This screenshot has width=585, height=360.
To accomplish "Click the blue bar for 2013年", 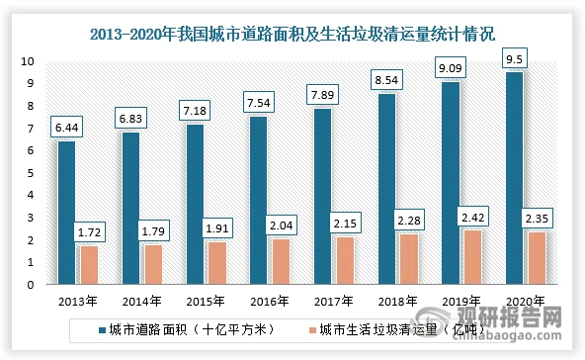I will [x=66, y=213].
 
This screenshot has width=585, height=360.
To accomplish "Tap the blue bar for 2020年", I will [x=515, y=178].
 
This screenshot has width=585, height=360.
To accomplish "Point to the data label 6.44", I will [x=66, y=129].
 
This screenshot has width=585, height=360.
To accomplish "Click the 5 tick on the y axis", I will [x=31, y=173].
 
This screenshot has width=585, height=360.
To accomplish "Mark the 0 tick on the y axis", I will [x=31, y=285].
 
